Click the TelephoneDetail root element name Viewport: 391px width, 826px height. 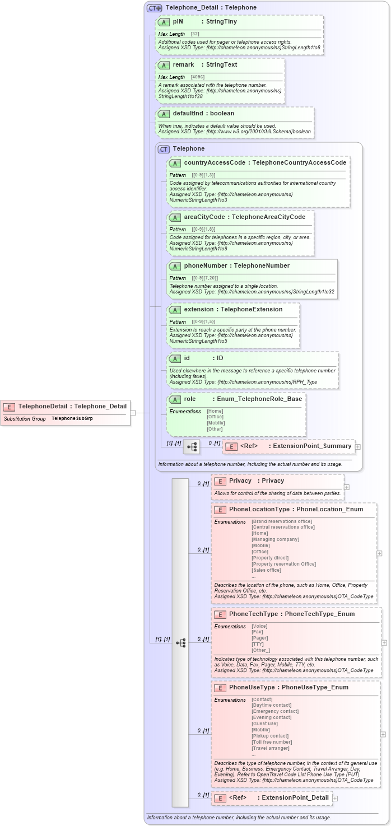click(43, 406)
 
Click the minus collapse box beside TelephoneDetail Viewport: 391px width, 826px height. click(133, 413)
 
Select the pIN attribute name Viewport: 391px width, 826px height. click(178, 22)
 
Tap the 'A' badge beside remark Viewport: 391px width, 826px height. click(164, 65)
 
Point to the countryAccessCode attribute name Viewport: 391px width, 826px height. click(215, 162)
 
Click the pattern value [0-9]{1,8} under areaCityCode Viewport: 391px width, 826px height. click(203, 230)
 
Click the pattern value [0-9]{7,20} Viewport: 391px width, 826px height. click(204, 278)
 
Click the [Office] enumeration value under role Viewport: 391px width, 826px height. click(215, 417)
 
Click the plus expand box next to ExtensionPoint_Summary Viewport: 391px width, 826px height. click(358, 447)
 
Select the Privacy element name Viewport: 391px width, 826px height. click(240, 480)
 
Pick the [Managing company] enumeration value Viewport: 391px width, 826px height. click(275, 539)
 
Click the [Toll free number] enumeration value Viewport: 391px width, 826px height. click(272, 742)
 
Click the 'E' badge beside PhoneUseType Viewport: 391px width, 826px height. click(220, 688)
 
